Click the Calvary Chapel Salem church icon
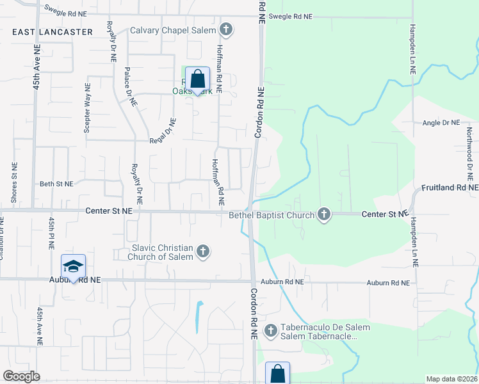pyautogui.click(x=225, y=29)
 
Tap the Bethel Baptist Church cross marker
pyautogui.click(x=324, y=214)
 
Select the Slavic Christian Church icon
pyautogui.click(x=203, y=252)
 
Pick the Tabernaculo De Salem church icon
pyautogui.click(x=270, y=331)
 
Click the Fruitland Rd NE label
pyautogui.click(x=450, y=188)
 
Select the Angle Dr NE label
pyautogui.click(x=441, y=122)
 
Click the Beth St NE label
pyautogui.click(x=56, y=184)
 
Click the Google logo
pyautogui.click(x=21, y=376)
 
